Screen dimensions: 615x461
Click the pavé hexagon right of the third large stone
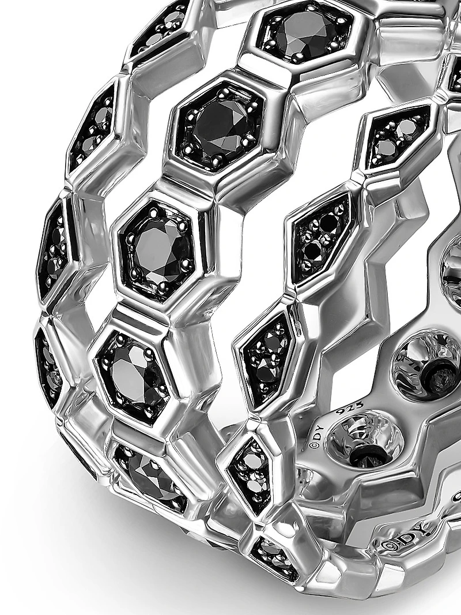[321, 236]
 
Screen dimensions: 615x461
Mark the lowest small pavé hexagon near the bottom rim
[274, 557]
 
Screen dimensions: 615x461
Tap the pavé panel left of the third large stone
[54, 248]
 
